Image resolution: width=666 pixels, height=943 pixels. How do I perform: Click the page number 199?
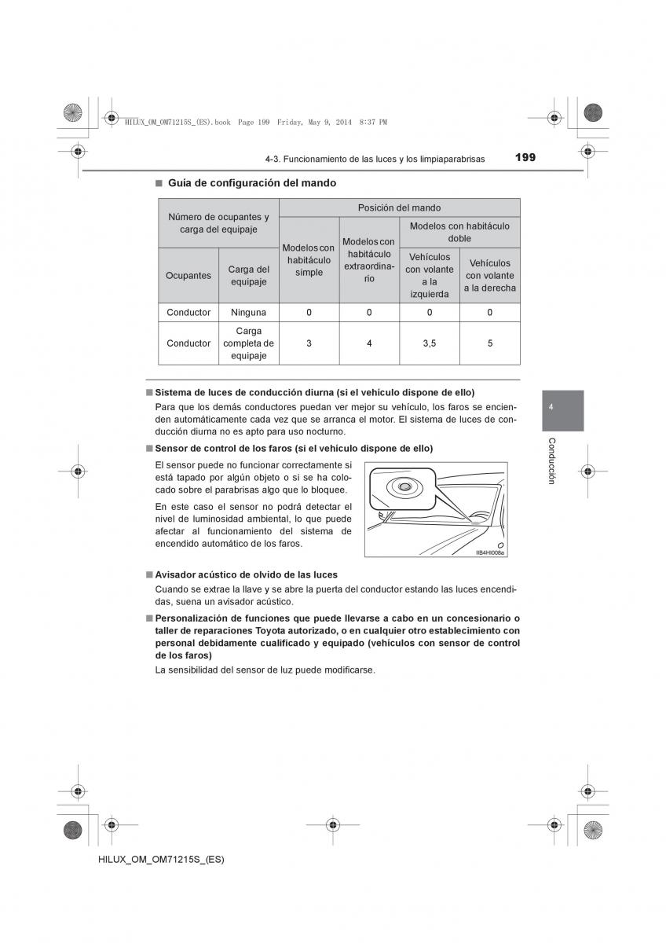525,157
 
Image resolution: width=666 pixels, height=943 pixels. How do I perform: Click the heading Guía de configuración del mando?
245,183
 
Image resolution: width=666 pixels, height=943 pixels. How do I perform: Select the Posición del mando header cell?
399,207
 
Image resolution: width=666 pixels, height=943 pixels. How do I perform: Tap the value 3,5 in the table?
429,343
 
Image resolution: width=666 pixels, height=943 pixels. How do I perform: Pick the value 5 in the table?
489,343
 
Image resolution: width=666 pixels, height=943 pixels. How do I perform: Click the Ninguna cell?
248,312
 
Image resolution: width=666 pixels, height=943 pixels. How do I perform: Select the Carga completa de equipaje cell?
248,343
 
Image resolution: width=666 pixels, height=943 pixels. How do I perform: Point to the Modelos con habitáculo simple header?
309,260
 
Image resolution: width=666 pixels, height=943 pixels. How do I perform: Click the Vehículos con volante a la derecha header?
489,275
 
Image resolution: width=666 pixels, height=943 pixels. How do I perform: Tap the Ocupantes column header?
188,276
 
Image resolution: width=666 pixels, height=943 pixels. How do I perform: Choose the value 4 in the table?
369,343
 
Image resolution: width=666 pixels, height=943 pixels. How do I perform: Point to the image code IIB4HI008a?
490,552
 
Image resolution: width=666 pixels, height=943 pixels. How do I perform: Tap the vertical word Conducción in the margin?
552,460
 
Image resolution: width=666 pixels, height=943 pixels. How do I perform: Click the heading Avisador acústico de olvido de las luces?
246,574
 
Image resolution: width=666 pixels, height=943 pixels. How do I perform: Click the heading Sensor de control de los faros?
294,448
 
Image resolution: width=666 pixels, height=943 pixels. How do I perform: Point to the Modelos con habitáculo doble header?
459,232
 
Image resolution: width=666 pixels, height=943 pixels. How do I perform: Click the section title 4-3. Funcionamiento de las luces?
375,159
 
